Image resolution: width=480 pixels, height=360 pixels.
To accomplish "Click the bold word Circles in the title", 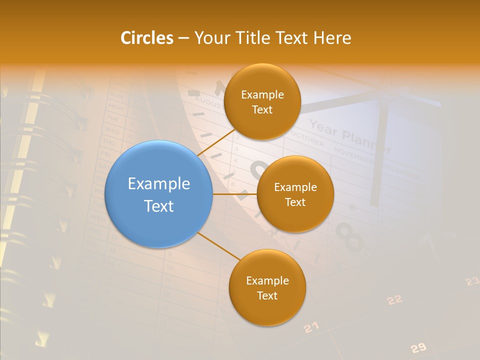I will pos(147,38).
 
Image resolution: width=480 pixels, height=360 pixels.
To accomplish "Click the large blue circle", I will pos(159,194).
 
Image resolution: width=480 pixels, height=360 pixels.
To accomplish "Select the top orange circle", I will pos(262,101).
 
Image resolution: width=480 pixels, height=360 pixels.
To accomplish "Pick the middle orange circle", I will pos(295,194).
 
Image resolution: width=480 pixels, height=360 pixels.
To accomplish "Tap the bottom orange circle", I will pos(267,287).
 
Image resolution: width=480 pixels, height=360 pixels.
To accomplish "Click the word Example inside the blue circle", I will pos(159,183).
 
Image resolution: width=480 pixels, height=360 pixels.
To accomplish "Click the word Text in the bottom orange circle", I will pos(267,295).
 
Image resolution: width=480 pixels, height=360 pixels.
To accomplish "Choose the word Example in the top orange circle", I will pos(262,94).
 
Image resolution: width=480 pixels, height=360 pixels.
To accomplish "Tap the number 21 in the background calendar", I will pos(311,327).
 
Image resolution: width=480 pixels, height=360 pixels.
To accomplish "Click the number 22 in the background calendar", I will pos(394,300).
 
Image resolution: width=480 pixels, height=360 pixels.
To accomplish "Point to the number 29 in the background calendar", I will pos(418,348).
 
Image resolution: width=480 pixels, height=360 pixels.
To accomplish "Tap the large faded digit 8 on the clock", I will pos(350,237).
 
